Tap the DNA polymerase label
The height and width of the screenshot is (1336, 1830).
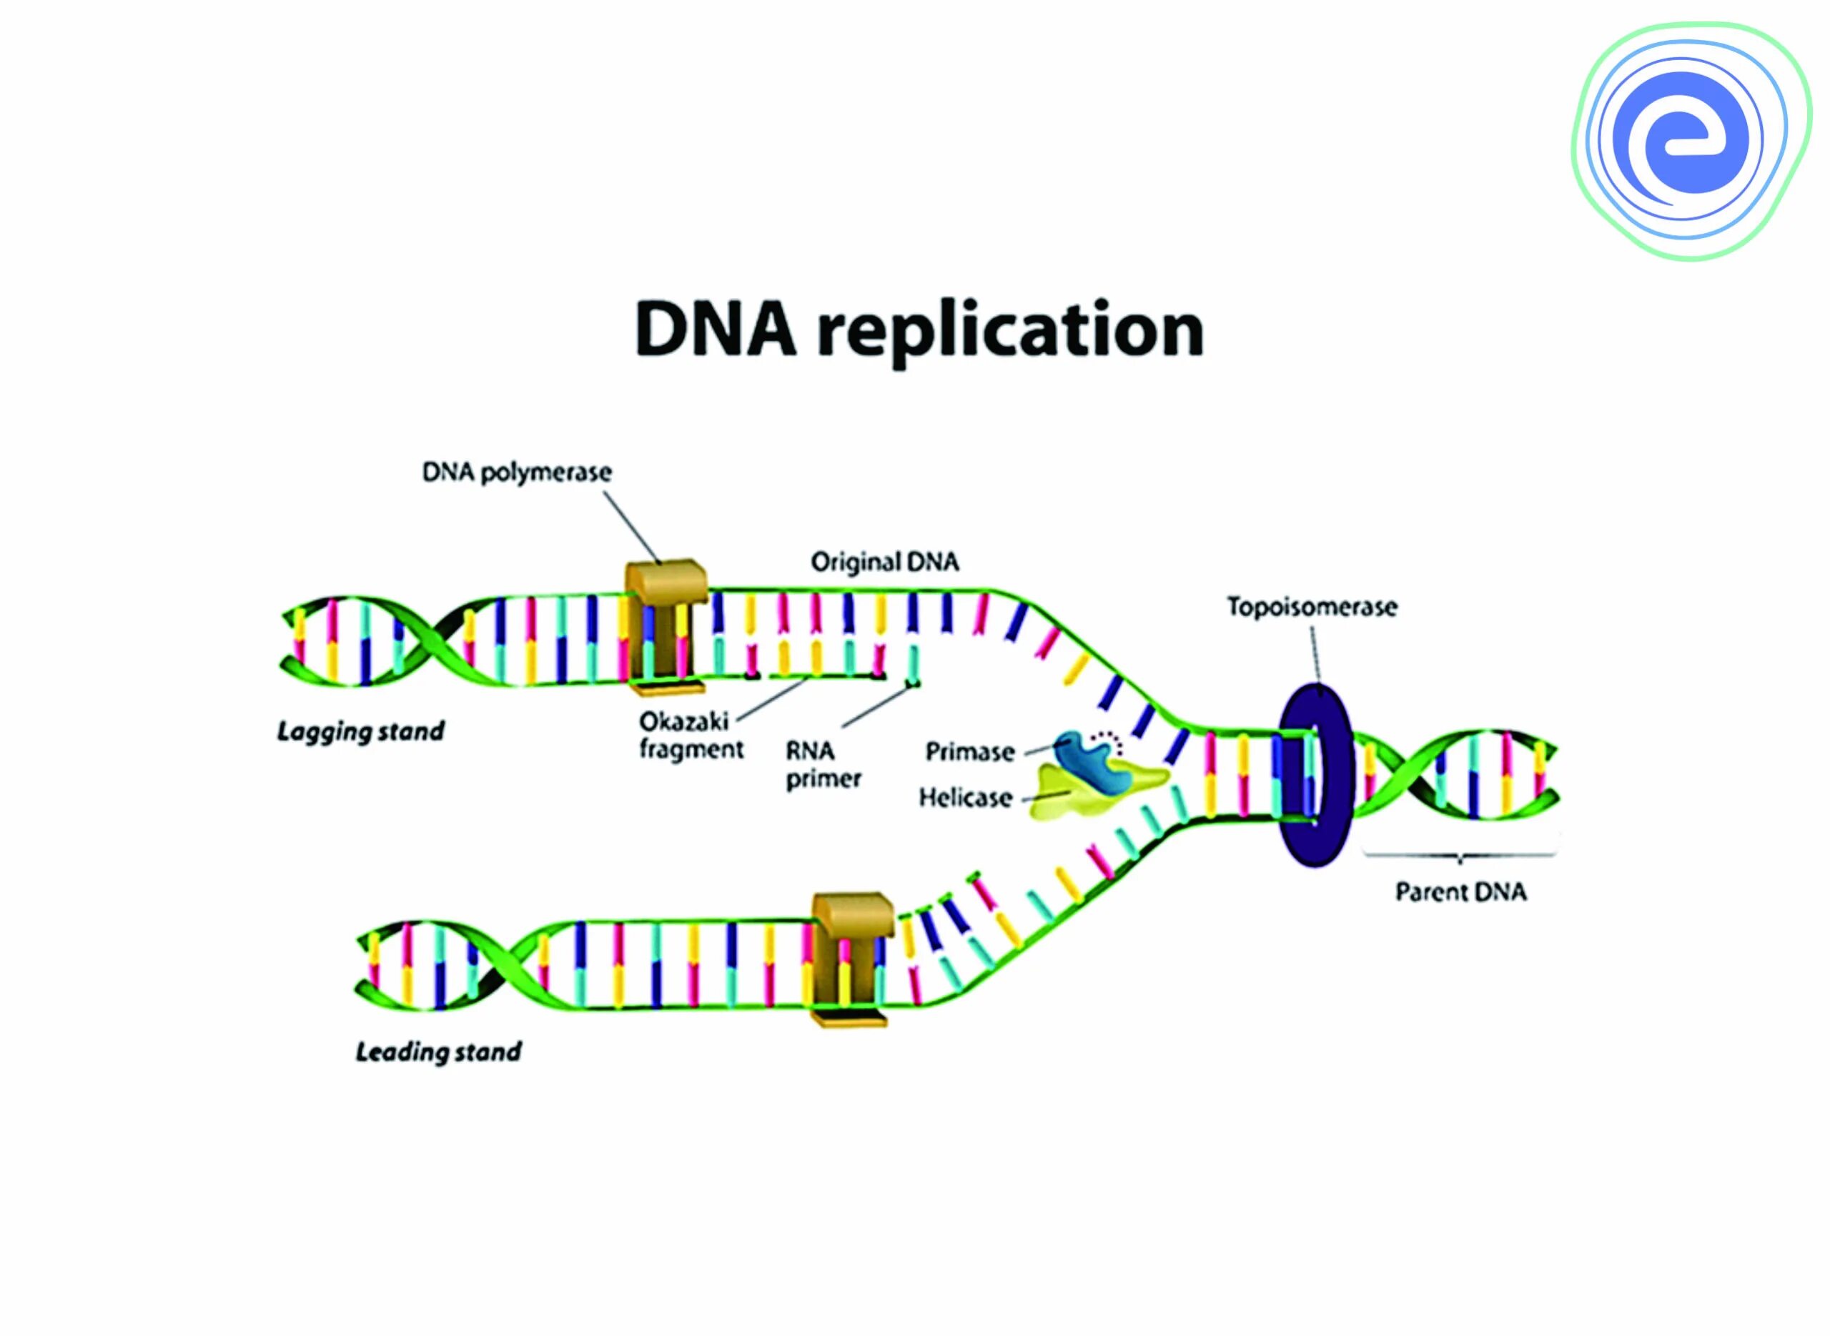pos(517,472)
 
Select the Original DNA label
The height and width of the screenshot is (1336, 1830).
pos(885,562)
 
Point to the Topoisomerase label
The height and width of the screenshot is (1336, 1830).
pos(1312,607)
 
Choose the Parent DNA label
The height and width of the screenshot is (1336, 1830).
pos(1460,892)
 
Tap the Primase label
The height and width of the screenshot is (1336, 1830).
pos(969,752)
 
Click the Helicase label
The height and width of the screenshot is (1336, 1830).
pos(966,798)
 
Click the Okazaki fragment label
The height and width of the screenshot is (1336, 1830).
pos(691,735)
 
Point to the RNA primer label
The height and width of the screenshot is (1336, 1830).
pos(822,765)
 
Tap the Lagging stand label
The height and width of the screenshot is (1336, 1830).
pos(361,732)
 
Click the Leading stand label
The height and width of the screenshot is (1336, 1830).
pos(438,1052)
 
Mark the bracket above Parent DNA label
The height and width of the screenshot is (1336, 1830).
pos(1459,854)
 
